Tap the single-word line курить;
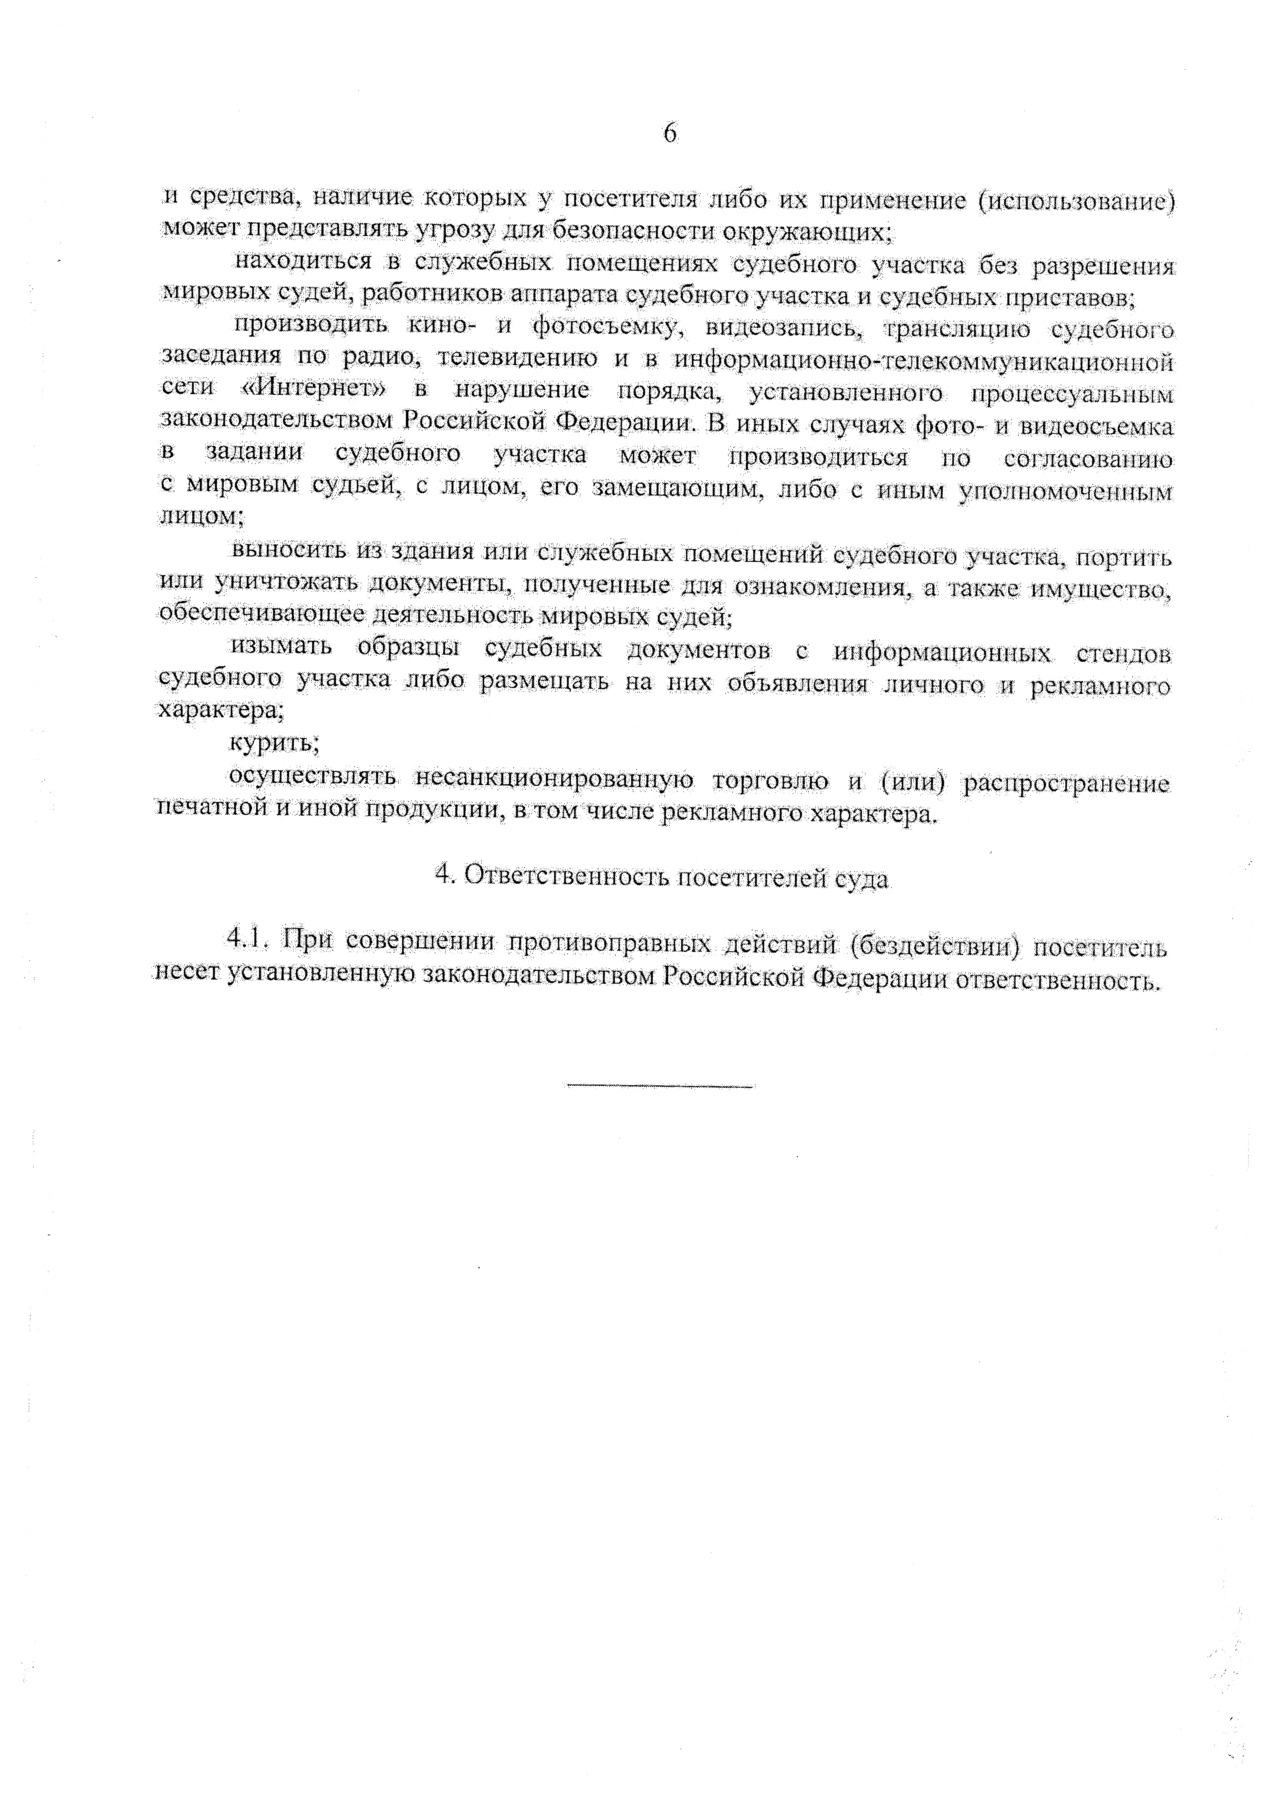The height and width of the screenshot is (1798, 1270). [x=274, y=742]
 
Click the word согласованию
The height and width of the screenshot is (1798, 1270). [x=1088, y=460]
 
